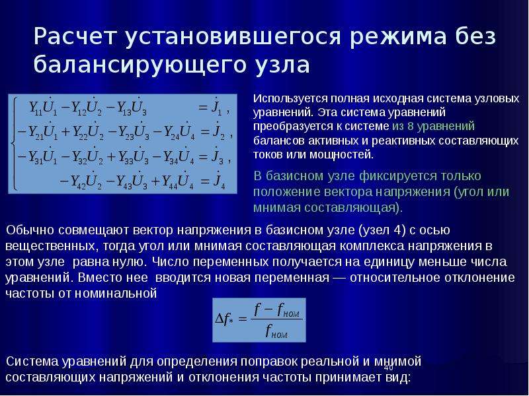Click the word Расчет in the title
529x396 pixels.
[75, 36]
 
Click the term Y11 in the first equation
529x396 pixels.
[35, 108]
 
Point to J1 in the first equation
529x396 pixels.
[216, 108]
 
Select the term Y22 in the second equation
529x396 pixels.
[79, 133]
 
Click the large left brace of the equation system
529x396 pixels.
[13, 144]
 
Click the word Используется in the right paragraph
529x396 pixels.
[290, 100]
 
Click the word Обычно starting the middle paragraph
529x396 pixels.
[30, 230]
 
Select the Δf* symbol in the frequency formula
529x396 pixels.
[224, 319]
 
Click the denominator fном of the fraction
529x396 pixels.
[276, 331]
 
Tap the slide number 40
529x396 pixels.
[388, 368]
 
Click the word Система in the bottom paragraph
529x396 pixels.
[32, 362]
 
